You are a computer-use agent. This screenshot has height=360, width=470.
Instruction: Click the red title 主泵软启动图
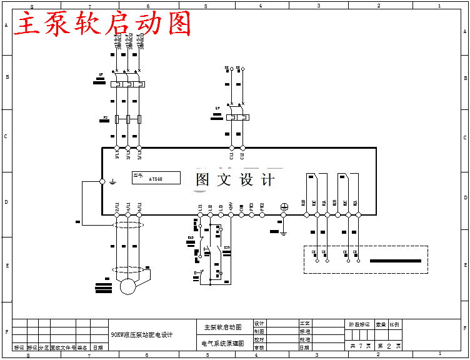(x=103, y=24)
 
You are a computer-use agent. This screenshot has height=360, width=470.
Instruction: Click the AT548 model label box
(x=156, y=178)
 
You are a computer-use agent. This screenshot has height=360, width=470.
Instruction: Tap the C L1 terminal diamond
(x=232, y=148)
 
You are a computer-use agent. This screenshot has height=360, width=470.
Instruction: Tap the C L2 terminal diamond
(x=243, y=148)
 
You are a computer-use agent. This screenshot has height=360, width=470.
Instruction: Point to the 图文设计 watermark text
(x=235, y=180)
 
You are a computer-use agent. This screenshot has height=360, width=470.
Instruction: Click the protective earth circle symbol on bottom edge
(x=283, y=206)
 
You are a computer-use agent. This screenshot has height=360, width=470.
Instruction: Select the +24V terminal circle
(x=231, y=215)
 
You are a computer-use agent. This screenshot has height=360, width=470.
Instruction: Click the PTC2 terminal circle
(x=261, y=215)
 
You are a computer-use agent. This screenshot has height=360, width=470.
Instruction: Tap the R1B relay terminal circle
(x=306, y=215)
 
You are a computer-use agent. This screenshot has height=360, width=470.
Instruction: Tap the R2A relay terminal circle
(x=358, y=215)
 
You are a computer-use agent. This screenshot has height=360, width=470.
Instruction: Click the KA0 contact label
(x=191, y=238)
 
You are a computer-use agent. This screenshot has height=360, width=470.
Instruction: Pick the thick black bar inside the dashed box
(x=395, y=261)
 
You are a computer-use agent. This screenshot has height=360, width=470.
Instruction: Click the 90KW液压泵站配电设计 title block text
(x=141, y=335)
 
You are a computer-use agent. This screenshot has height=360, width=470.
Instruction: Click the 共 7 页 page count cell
(x=360, y=346)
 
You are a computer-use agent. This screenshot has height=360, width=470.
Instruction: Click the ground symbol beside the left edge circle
(x=112, y=182)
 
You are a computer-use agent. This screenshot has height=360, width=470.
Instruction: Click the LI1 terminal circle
(x=200, y=215)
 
